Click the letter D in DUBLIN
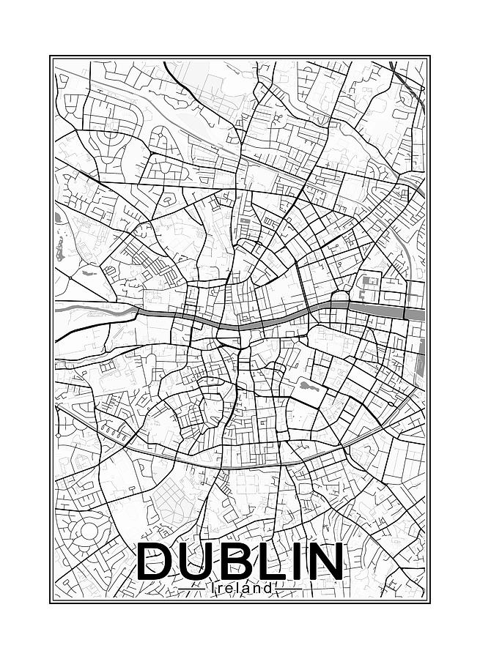(x=157, y=562)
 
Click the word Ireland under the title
(x=241, y=588)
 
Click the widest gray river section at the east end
(x=414, y=313)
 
